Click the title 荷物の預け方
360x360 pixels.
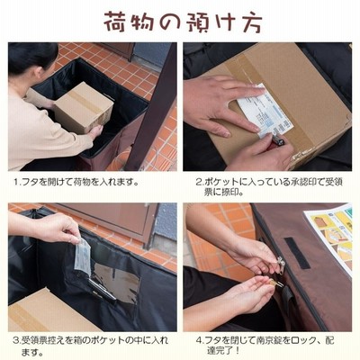click(183, 22)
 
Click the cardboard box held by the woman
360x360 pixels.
click(84, 108)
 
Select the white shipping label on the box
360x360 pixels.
click(264, 111)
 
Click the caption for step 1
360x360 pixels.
click(76, 182)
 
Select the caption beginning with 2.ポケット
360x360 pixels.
click(268, 186)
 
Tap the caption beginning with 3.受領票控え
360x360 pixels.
click(90, 346)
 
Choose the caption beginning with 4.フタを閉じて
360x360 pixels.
click(265, 345)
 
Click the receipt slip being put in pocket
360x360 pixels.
click(82, 256)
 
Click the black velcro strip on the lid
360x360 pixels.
click(297, 253)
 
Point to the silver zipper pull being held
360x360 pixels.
click(281, 263)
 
